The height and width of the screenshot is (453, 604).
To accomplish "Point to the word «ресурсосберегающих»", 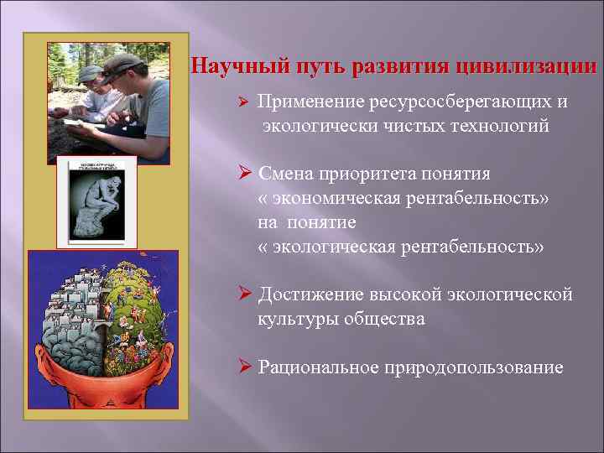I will [x=454, y=102].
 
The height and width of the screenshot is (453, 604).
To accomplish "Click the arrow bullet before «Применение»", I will [x=242, y=103].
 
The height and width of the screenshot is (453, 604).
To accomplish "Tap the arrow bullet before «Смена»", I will [x=245, y=174].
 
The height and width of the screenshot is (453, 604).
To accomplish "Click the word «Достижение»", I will [x=311, y=294].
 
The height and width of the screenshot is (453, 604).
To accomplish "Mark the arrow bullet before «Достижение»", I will [x=245, y=294].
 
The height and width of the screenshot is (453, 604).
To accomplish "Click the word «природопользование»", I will [x=474, y=367].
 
